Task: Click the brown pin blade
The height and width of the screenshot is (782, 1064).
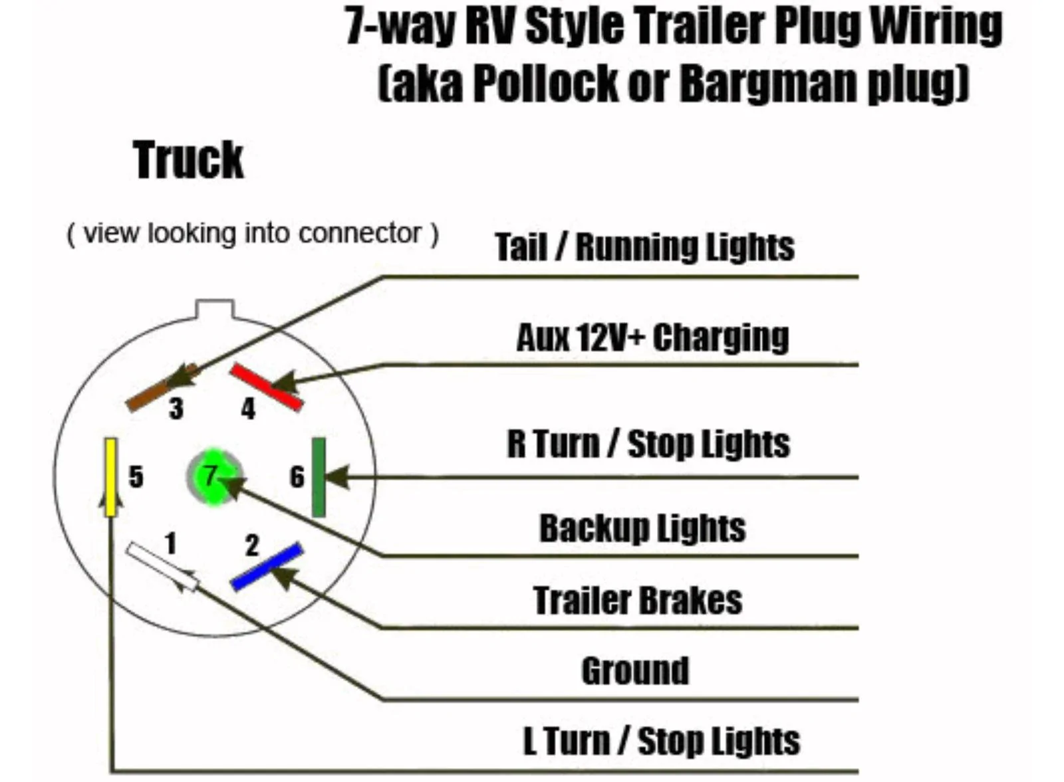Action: pos(162,388)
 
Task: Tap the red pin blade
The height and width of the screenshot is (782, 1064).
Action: pos(266,387)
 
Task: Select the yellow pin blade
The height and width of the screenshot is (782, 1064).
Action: pos(110,477)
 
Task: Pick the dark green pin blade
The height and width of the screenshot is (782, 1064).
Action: pos(319,477)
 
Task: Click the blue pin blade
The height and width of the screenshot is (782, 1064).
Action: pos(267,567)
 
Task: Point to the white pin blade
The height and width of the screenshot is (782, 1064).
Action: pos(162,567)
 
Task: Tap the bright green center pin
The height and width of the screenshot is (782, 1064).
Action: pos(214,477)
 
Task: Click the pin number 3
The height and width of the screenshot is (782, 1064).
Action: pos(176,409)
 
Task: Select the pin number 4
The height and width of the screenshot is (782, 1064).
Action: pos(248,409)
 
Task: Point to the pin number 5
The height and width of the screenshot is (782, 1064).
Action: pos(136,477)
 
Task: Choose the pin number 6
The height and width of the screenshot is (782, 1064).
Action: pos(297,477)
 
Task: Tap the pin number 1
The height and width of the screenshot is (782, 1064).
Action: pos(171,543)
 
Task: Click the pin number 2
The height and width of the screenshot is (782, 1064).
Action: pos(252,545)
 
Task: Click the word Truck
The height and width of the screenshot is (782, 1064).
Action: pos(188,160)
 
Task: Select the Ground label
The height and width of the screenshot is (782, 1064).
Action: pos(635,671)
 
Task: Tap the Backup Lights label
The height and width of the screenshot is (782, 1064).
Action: pos(642,528)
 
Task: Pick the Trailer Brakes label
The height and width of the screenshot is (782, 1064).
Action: pos(638,600)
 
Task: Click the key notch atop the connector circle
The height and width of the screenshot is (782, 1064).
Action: pos(215,308)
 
